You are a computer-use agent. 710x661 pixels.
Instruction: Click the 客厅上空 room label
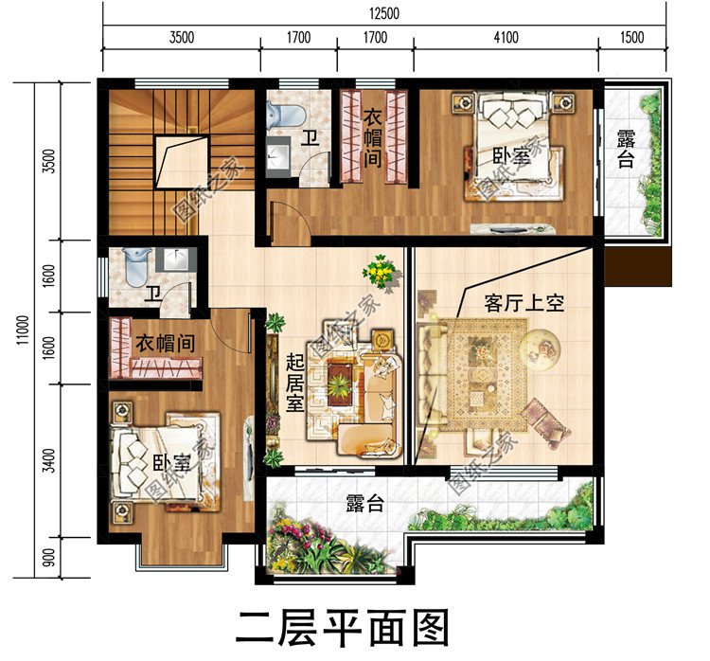pyautogui.click(x=524, y=304)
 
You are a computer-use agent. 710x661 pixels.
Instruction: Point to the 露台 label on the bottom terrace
pyautogui.click(x=364, y=502)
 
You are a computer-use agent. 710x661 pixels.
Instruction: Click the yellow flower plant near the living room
pyautogui.click(x=380, y=272)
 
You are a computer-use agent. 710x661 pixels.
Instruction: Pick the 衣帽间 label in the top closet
pyautogui.click(x=373, y=138)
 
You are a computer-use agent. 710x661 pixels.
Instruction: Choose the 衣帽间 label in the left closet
pyautogui.click(x=165, y=344)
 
